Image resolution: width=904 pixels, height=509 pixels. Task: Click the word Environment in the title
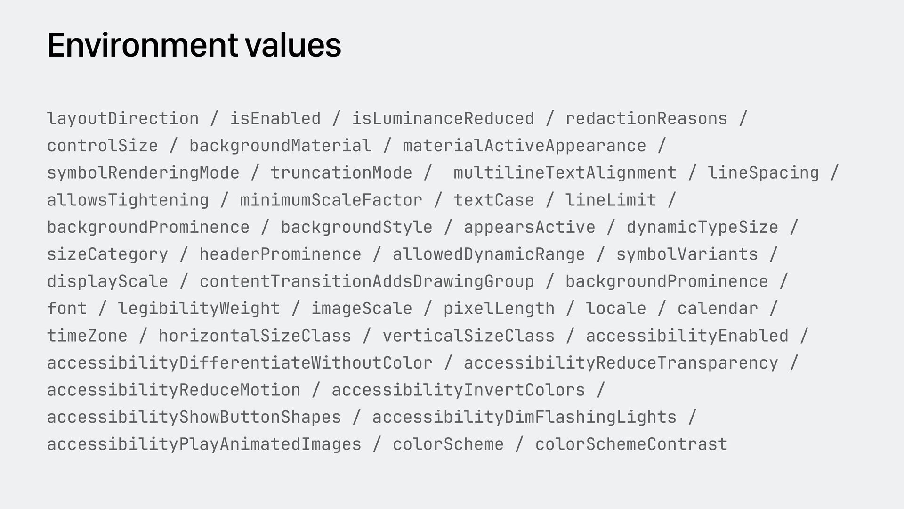point(142,45)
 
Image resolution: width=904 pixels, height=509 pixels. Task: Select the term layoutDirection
point(123,119)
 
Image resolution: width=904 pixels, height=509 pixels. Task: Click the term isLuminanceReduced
point(443,119)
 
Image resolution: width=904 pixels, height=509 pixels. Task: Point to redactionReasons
point(646,119)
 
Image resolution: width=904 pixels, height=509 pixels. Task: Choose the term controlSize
point(103,146)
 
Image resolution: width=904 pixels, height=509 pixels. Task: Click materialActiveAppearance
point(525,146)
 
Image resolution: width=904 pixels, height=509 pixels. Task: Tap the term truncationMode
point(341,173)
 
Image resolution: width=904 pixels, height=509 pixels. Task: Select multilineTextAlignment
point(565,173)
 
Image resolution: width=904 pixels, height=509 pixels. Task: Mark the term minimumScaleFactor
point(331,200)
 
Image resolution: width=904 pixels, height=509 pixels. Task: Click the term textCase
point(494,200)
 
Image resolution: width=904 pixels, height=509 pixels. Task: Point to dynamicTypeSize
point(702,228)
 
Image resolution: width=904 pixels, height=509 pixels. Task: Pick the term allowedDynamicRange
point(489,254)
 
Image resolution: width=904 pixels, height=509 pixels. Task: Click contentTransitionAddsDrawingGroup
point(367,282)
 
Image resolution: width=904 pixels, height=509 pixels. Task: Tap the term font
point(67,309)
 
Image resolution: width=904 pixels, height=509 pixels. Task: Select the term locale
point(616,309)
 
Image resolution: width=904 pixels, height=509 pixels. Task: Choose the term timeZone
point(87,336)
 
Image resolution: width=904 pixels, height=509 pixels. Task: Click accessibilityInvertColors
point(458,390)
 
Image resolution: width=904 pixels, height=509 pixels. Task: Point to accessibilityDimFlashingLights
point(525,418)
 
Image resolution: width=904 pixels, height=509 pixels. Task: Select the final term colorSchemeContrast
point(631,444)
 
